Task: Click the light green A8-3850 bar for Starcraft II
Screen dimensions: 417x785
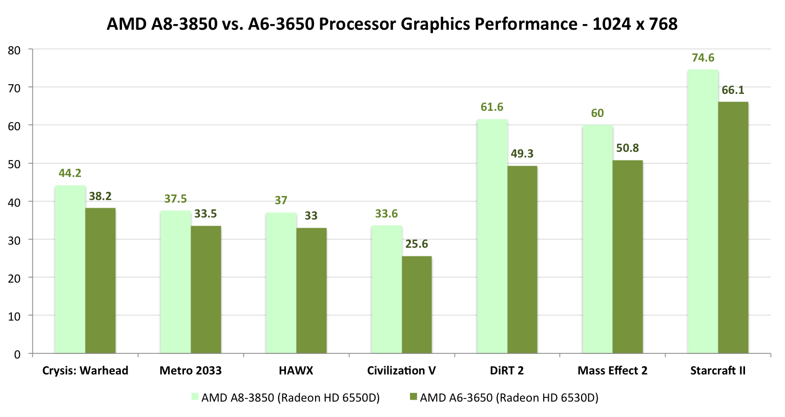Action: tap(703, 211)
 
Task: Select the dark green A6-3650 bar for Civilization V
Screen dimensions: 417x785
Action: tap(417, 305)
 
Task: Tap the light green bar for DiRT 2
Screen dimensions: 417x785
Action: tap(492, 236)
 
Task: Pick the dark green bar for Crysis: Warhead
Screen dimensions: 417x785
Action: tap(100, 281)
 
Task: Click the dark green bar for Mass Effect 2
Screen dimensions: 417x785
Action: tap(627, 256)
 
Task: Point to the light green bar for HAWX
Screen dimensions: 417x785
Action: tap(281, 283)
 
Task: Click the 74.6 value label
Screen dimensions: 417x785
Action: tap(703, 58)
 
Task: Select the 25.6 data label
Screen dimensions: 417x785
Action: tap(417, 244)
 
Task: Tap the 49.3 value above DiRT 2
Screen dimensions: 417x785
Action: tap(522, 153)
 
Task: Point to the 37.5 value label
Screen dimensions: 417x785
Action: tap(175, 199)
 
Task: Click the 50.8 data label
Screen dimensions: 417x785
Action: tap(627, 148)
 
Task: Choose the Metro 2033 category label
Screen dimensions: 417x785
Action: tap(191, 371)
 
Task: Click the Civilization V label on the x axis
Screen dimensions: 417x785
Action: tap(401, 371)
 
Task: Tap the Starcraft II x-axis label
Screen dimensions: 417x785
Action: tap(717, 371)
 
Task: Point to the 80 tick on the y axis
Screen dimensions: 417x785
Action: tap(14, 50)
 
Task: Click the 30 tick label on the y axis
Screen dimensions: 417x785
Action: tap(14, 240)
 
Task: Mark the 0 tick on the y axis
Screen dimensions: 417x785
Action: tap(17, 354)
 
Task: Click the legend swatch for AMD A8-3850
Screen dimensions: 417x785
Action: tap(195, 396)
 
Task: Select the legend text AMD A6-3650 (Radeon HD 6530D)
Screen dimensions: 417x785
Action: tap(509, 398)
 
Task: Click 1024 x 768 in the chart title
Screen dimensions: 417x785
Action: tap(635, 24)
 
